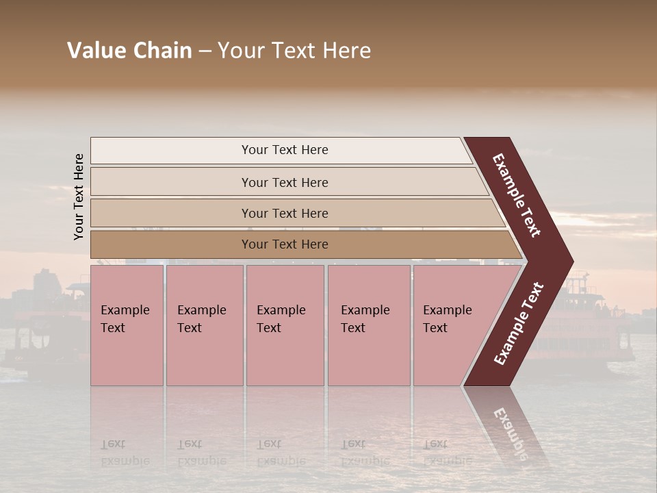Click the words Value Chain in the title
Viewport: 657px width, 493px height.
tap(129, 51)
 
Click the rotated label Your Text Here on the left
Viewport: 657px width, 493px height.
tap(79, 197)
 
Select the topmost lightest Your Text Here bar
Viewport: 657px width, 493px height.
tap(284, 150)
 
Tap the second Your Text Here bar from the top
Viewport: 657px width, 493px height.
tap(284, 182)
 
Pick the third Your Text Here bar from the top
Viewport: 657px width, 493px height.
tap(284, 213)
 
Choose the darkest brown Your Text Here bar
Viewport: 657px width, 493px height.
tap(284, 244)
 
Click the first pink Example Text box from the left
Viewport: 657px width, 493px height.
tap(127, 325)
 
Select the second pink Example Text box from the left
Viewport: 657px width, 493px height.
tap(205, 325)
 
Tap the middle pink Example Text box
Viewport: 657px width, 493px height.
tap(285, 325)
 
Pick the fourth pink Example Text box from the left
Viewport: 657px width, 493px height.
tap(369, 325)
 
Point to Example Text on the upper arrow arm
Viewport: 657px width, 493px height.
tap(517, 195)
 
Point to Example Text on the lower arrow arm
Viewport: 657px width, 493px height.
tap(518, 323)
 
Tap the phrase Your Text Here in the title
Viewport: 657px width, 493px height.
tap(294, 51)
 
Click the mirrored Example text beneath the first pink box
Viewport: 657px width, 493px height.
tap(125, 460)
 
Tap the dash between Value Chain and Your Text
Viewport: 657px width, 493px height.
tap(205, 51)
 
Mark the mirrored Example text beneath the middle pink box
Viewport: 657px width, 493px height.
tap(281, 460)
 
